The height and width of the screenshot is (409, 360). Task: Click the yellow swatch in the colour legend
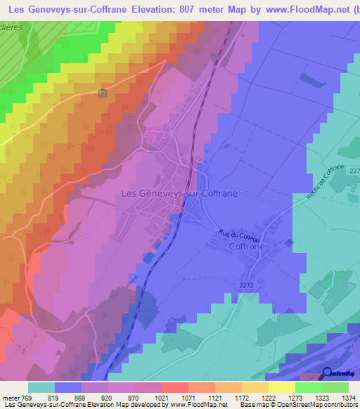point(282,387)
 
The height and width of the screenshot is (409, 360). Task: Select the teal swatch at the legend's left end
point(41,387)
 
